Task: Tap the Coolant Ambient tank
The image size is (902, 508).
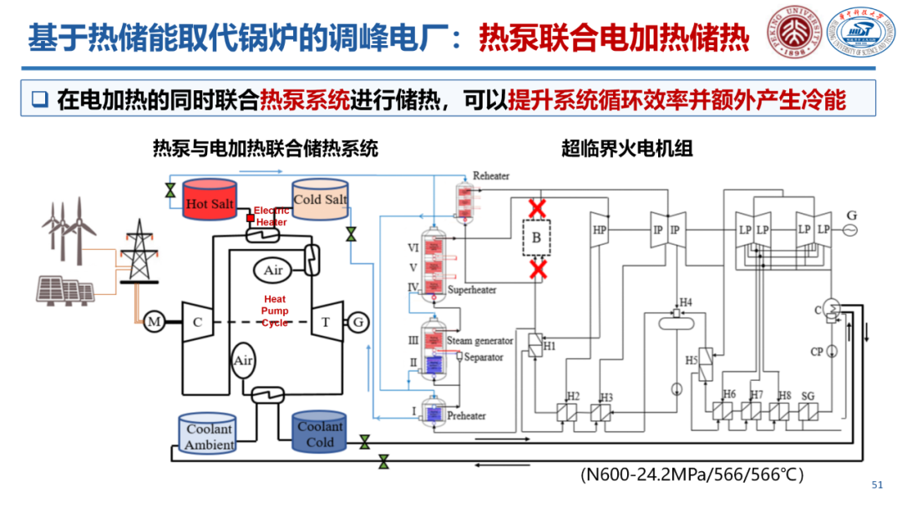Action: click(x=209, y=434)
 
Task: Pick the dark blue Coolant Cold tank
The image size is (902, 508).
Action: click(x=320, y=432)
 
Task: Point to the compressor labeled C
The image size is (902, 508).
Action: click(x=198, y=323)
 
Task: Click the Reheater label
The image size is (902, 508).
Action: click(x=491, y=176)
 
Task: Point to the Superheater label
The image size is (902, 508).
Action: click(x=472, y=290)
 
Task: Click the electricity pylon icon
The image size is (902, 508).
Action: click(x=134, y=251)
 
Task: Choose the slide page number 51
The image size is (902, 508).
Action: click(x=877, y=485)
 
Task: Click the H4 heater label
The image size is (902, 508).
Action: click(x=686, y=302)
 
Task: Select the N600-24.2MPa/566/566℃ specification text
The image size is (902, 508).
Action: click(x=692, y=475)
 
